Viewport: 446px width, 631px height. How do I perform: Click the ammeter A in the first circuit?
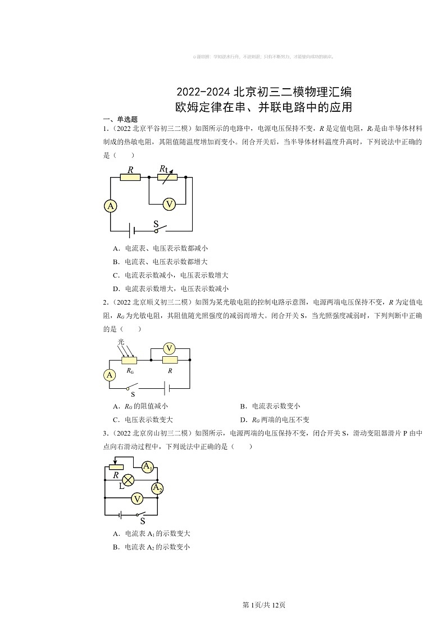point(111,206)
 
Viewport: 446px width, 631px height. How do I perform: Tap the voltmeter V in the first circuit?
point(169,205)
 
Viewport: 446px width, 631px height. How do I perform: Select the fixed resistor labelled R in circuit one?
point(131,178)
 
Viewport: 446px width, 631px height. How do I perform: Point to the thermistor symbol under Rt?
point(167,177)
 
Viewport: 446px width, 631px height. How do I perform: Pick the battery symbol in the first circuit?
point(133,230)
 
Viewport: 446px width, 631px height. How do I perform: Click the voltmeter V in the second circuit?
point(169,348)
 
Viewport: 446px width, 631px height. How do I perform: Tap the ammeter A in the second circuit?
point(110,375)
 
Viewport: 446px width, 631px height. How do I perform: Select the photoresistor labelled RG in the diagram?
point(129,360)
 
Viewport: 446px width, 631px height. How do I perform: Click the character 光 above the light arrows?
point(121,342)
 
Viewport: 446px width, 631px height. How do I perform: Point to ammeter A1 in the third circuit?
point(147,467)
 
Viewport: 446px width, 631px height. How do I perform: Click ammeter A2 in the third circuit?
point(157,488)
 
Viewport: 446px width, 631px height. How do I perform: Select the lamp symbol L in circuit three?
point(128,480)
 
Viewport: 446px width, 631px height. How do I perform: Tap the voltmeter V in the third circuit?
point(136,498)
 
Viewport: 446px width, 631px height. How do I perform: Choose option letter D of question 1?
point(115,289)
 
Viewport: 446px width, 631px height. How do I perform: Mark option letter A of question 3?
point(115,534)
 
